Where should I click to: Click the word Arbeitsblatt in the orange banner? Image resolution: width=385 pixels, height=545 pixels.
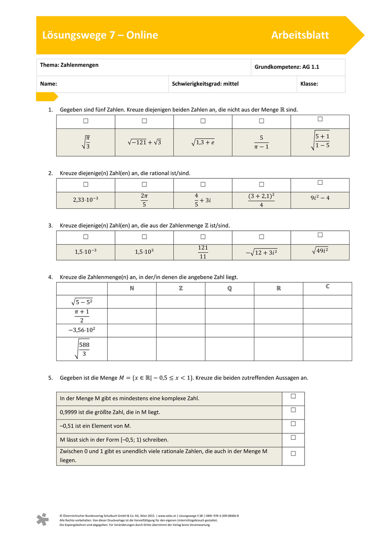pyautogui.click(x=300, y=35)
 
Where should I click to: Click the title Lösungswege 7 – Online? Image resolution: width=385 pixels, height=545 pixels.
pyautogui.click(x=100, y=35)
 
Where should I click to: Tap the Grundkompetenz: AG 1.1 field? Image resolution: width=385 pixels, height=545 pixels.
pyautogui.click(x=286, y=67)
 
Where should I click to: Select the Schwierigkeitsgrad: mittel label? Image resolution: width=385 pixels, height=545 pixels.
pyautogui.click(x=205, y=84)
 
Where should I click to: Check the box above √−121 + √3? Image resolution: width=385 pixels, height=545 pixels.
pyautogui.click(x=144, y=121)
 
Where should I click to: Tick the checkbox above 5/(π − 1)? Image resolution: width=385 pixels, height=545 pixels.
pyautogui.click(x=261, y=121)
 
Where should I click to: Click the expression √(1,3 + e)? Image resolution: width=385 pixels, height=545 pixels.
pyautogui.click(x=202, y=142)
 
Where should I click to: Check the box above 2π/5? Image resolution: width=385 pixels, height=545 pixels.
pyautogui.click(x=144, y=185)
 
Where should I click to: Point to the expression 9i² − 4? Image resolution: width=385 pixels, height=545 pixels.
pyautogui.click(x=320, y=199)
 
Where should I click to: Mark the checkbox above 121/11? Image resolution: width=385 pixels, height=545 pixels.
pyautogui.click(x=203, y=237)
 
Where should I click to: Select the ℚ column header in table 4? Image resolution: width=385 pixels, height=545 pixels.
pyautogui.click(x=229, y=288)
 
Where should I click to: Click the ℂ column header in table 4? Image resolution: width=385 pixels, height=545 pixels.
pyautogui.click(x=327, y=287)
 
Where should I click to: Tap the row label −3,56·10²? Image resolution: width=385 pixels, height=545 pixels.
pyautogui.click(x=82, y=330)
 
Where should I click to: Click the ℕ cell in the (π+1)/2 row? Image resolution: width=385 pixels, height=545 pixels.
pyautogui.click(x=132, y=316)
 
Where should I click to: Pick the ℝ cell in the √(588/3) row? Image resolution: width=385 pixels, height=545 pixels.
pyautogui.click(x=278, y=349)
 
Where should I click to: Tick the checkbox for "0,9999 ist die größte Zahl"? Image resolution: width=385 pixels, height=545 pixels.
pyautogui.click(x=293, y=410)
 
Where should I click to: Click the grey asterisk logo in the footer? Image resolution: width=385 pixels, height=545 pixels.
pyautogui.click(x=42, y=519)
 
